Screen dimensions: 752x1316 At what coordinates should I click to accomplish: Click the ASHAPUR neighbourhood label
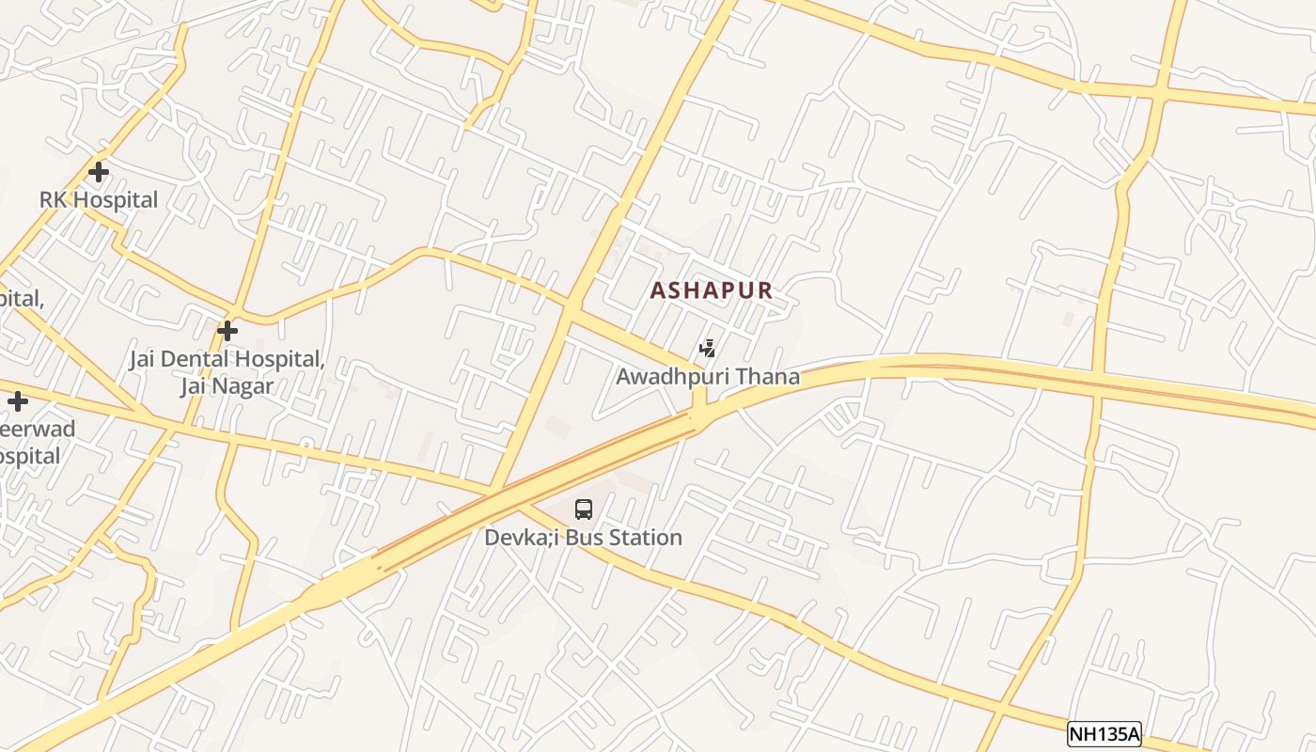pyautogui.click(x=711, y=291)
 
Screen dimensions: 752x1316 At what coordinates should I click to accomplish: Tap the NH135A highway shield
pyautogui.click(x=1104, y=734)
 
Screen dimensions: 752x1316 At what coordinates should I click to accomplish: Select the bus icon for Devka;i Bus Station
pyautogui.click(x=584, y=509)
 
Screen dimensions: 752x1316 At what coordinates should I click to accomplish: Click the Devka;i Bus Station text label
pyautogui.click(x=583, y=538)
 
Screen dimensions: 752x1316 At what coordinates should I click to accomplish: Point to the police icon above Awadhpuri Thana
pyautogui.click(x=708, y=349)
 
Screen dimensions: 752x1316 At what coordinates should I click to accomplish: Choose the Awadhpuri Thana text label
pyautogui.click(x=708, y=377)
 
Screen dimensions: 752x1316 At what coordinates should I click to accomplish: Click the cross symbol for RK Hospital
pyautogui.click(x=98, y=172)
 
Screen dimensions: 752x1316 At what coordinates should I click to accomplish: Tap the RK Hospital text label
pyautogui.click(x=99, y=199)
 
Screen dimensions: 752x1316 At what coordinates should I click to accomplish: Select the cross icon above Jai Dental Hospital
pyautogui.click(x=227, y=331)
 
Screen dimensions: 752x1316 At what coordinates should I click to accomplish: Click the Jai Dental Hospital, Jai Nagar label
pyautogui.click(x=227, y=372)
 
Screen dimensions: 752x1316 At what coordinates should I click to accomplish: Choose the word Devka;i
pyautogui.click(x=520, y=538)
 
